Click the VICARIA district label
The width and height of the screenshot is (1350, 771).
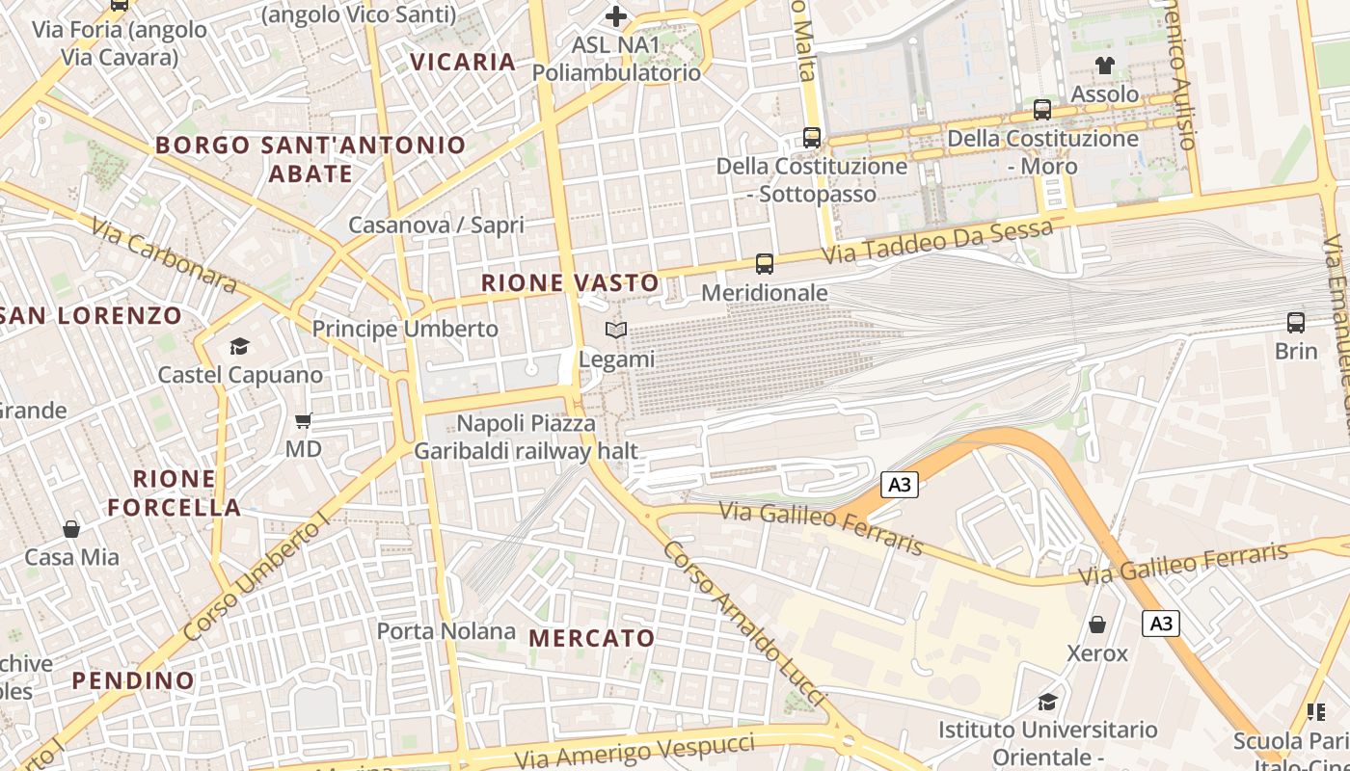[x=463, y=62]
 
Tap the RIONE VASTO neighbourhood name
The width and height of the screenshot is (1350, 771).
[x=570, y=283]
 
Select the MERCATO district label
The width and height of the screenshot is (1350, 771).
[x=592, y=638]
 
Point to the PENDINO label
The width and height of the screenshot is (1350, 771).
[x=133, y=680]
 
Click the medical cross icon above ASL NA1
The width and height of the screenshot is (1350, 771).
[x=616, y=16]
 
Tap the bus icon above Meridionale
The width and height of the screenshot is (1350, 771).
[x=765, y=263]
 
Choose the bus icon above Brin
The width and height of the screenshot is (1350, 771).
[x=1296, y=323]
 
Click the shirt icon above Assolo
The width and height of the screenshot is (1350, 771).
[x=1105, y=66]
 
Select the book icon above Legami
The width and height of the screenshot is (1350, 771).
[x=616, y=331]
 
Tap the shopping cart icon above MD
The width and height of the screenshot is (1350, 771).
[x=303, y=420]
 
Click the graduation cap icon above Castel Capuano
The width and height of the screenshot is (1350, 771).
[x=239, y=346]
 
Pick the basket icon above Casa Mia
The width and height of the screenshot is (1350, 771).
[x=71, y=529]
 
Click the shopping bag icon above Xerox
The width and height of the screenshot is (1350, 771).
[x=1097, y=625]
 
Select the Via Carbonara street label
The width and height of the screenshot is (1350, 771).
[x=165, y=255]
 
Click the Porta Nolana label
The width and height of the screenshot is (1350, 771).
[x=445, y=631]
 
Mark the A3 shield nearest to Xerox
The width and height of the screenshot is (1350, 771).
[x=1161, y=624]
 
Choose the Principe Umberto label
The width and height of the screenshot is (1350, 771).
[x=405, y=329]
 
